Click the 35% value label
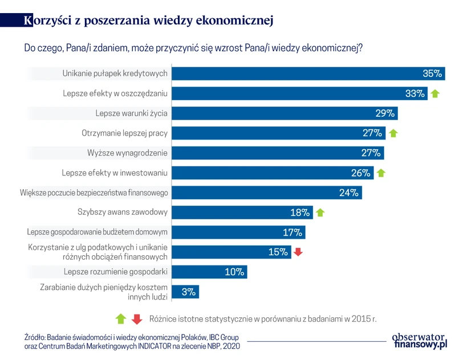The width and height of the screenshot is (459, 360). coord(432,73)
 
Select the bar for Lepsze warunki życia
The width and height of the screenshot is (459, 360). coord(285,113)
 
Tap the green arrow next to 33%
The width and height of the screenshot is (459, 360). coord(435,94)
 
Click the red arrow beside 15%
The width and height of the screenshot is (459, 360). coord(298,252)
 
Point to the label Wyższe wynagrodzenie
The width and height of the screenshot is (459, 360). coord(127,153)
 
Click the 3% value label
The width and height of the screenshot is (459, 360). coord(189,292)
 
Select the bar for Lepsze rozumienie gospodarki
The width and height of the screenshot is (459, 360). coord(209,272)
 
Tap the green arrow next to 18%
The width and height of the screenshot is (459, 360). coord(320,212)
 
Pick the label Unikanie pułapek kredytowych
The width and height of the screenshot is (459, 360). coord(115,73)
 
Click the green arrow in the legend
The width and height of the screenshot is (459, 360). coord(120,319)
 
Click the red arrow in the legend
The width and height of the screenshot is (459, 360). coord(136,319)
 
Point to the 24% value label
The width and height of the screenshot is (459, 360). coord(348,193)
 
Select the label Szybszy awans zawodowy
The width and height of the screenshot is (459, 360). coord(122,212)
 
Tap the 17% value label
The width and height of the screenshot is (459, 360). coord(292,232)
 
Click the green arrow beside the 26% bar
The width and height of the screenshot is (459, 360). coord(381,173)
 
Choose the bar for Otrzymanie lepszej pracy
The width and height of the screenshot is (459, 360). coord(278,133)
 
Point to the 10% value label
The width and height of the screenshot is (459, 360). coord(234,272)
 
